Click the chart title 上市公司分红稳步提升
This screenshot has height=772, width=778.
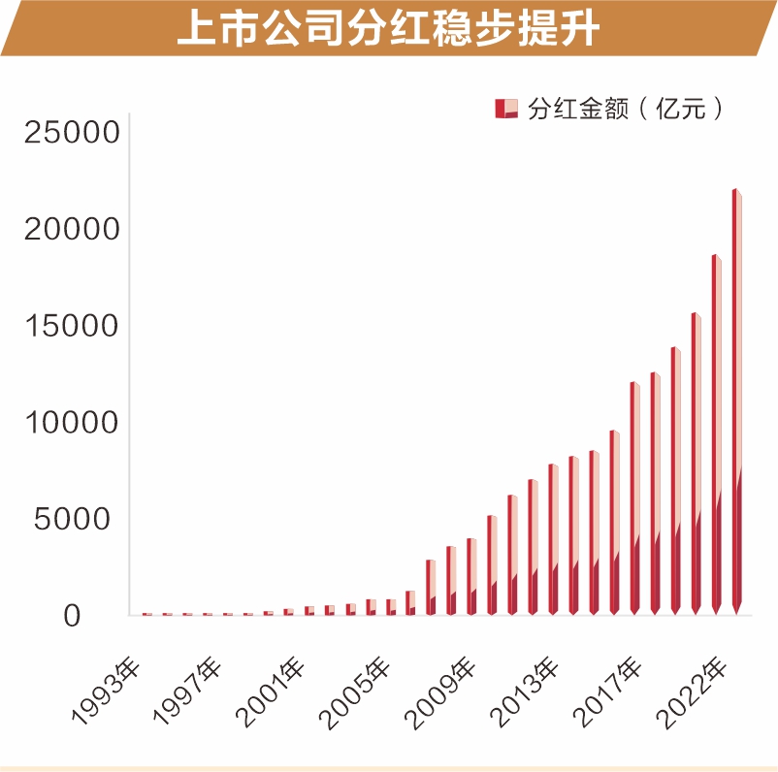(x=388, y=29)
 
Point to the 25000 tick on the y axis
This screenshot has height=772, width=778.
(x=71, y=132)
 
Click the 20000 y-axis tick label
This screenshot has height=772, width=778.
(x=71, y=229)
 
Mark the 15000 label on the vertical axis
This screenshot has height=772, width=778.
(x=71, y=326)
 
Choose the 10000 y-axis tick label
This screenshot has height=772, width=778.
(x=71, y=423)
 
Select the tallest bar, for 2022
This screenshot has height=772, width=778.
(x=736, y=407)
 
